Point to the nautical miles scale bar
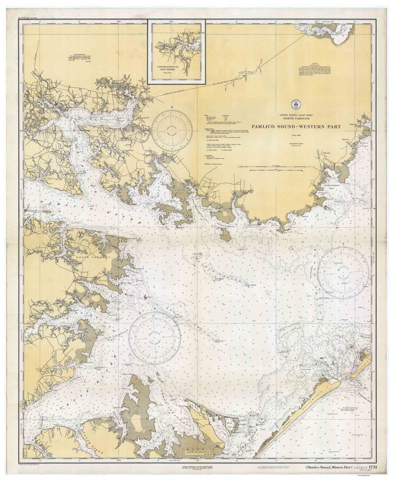(x=277, y=167)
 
